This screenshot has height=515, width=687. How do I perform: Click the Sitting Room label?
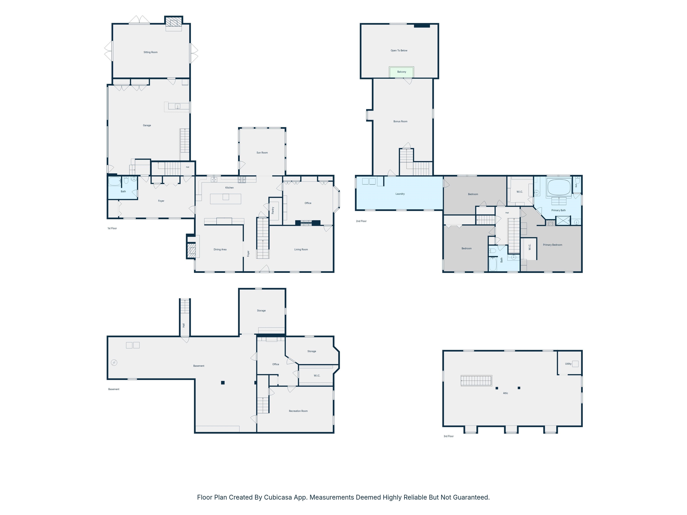pos(150,52)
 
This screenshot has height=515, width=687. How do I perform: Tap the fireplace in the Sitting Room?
pos(173,22)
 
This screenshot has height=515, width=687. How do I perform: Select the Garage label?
pos(147,125)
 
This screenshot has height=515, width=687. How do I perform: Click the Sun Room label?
pos(262,153)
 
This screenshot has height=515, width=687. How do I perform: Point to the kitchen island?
pos(225,199)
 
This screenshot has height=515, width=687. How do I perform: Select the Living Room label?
pos(301,250)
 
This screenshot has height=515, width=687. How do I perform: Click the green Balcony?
pos(402,72)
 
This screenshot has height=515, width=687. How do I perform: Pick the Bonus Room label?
pos(400,121)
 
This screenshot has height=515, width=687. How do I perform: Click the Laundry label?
pos(400,194)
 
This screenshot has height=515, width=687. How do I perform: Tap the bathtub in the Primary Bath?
pos(559,187)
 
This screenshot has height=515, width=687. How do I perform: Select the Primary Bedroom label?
pos(553,245)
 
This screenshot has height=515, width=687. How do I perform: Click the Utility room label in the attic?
pos(568,364)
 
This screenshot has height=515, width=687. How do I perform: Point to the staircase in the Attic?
pos(476,381)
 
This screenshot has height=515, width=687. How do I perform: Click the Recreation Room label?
pos(298,411)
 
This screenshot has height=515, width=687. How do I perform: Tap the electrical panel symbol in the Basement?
pos(114,363)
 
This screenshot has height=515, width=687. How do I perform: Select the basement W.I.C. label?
pos(317,376)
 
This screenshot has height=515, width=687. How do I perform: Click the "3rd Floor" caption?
pos(448,436)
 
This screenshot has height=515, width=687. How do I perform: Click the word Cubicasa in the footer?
pos(278,497)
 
